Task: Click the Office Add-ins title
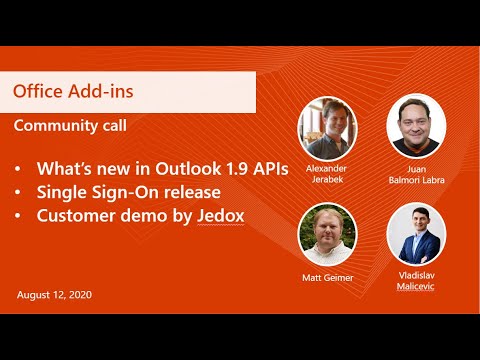tap(73, 92)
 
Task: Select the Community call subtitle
tap(70, 126)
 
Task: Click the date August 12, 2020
tap(54, 296)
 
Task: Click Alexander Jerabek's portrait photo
tap(326, 126)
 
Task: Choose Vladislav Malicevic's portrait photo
tap(416, 232)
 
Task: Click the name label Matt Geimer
tap(327, 277)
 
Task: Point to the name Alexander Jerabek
tap(326, 175)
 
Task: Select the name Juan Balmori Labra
tap(416, 174)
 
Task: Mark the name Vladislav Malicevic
tap(416, 281)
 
